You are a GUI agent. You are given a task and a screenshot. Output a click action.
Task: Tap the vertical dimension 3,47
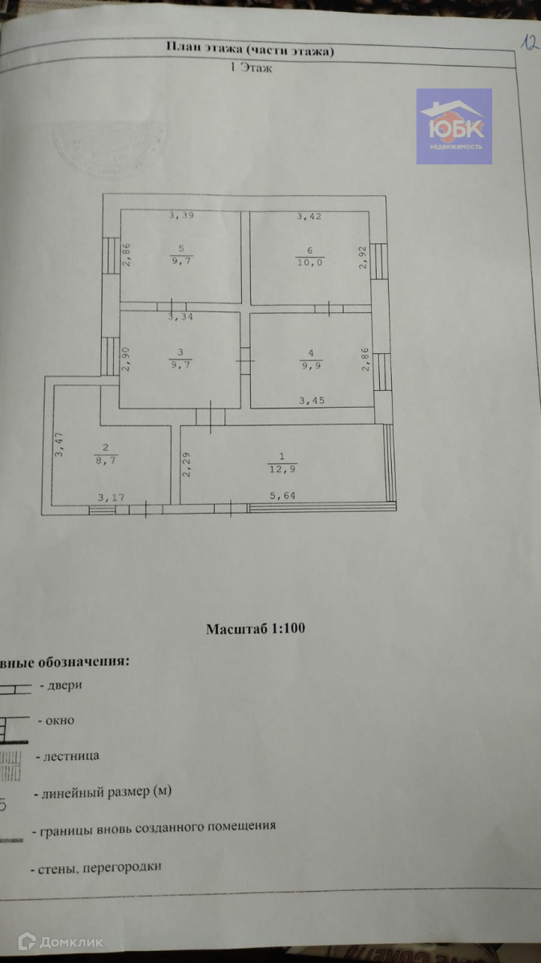click(59, 445)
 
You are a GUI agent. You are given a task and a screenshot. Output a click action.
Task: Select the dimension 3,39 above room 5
click(181, 216)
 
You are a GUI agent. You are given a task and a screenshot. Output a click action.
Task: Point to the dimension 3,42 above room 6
click(310, 216)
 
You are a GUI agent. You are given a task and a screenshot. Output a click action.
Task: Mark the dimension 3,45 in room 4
click(313, 399)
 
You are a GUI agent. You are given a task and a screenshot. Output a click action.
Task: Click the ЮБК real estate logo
click(454, 127)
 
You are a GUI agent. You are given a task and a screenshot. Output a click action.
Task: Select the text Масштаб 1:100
click(256, 628)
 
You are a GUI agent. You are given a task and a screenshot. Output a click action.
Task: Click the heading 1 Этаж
click(252, 69)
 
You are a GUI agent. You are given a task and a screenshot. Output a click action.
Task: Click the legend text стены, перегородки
click(100, 868)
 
